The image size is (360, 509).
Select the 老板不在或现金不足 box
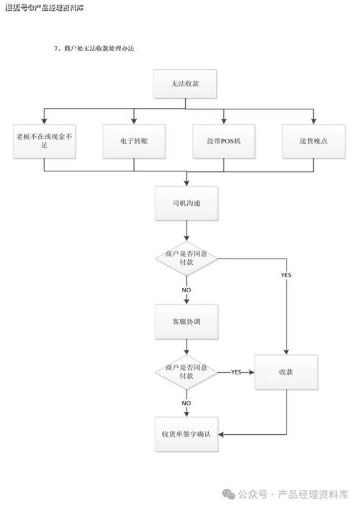tap(44, 140)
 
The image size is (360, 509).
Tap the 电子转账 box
tap(134, 140)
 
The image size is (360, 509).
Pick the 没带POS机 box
tap(224, 140)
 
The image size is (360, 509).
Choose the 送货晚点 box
tap(314, 140)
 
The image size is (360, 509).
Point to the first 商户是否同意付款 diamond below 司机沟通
tap(186, 258)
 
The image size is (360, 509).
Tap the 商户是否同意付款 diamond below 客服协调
tap(186, 371)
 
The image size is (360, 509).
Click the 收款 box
tap(287, 372)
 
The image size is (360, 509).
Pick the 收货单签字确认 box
tap(186, 433)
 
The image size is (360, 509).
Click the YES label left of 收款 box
tap(235, 372)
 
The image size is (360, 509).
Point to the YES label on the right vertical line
tap(286, 276)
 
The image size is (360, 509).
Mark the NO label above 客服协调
tap(186, 289)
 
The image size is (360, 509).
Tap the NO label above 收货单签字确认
tap(186, 402)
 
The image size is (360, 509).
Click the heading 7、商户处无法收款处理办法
tap(94, 48)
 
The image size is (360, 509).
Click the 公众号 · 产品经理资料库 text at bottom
tap(292, 494)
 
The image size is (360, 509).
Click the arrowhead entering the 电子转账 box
tap(134, 120)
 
